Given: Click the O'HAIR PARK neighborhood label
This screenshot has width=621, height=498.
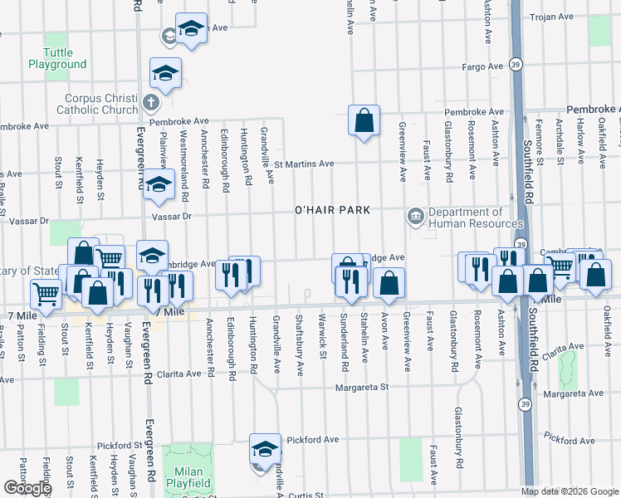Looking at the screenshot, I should pos(332,210).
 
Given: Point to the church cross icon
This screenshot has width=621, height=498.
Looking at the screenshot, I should pos(149,103).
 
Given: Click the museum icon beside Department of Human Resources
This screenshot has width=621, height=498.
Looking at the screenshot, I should pos(415,217).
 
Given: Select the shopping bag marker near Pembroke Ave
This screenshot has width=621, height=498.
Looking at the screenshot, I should pos(364,121).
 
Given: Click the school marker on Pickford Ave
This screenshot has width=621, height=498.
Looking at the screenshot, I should pos(265,449).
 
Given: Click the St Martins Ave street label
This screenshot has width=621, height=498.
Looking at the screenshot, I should pos(304,164).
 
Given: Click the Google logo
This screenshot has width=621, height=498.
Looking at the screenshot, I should pos(28,488).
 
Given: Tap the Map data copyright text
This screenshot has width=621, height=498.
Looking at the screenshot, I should pos(570,491).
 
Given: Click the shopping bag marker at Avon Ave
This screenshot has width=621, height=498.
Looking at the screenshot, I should pos(389,284).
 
